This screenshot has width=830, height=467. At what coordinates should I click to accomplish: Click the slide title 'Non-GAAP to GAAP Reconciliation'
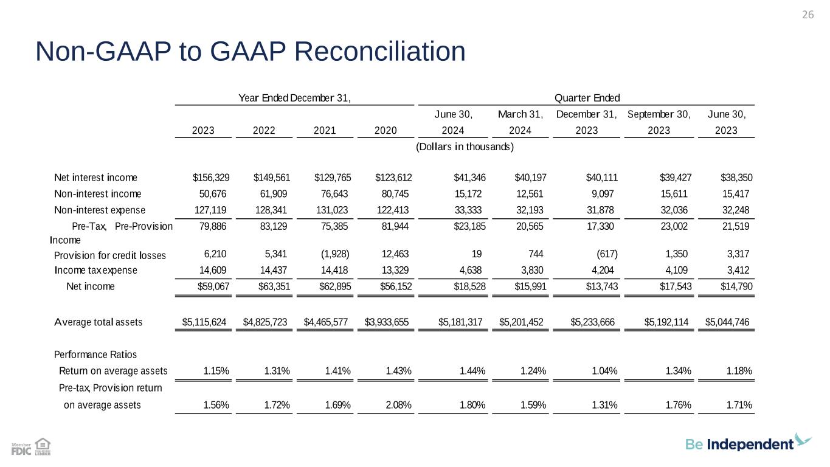(x=251, y=52)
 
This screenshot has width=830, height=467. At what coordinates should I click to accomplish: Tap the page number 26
(x=808, y=15)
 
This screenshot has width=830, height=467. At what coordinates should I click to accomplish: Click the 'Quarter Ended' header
(x=587, y=98)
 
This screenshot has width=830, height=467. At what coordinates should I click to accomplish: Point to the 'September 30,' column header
(x=659, y=114)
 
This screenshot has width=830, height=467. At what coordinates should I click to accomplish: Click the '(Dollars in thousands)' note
(x=465, y=147)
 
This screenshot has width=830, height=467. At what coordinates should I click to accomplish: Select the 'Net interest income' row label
(x=95, y=178)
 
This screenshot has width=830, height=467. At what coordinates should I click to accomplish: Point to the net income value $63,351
(x=272, y=286)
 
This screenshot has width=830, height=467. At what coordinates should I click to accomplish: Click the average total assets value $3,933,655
(x=386, y=322)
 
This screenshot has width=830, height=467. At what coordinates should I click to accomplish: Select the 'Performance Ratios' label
(x=95, y=355)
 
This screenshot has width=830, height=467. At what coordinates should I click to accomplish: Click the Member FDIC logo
(x=21, y=449)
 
